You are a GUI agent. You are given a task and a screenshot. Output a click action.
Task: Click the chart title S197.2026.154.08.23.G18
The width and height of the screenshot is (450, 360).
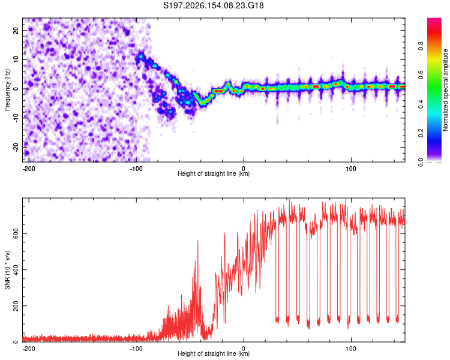[x=213, y=5]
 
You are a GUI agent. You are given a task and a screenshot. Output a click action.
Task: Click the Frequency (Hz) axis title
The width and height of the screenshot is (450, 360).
[x=7, y=89]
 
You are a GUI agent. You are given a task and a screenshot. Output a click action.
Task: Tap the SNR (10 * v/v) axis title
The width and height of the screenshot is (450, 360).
[x=7, y=270]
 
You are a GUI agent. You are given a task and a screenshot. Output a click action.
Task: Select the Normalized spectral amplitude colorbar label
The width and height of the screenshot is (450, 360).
[x=445, y=90]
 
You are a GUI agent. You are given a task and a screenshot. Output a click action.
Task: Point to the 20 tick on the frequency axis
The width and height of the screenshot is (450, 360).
[x=16, y=30]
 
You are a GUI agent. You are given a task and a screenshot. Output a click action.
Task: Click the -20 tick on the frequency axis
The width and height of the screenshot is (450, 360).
[x=16, y=147]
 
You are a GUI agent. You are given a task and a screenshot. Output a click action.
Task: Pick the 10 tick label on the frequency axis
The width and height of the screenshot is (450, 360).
[x=16, y=59]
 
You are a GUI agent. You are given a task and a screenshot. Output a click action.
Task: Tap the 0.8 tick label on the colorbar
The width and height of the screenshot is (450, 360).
[x=421, y=46]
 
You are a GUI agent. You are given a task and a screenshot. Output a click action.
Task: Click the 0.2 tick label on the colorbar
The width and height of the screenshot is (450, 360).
[x=421, y=133]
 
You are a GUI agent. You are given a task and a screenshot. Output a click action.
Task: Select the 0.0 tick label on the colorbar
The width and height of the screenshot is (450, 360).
[x=421, y=162]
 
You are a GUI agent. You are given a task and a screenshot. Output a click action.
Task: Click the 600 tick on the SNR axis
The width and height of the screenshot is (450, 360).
[x=16, y=233]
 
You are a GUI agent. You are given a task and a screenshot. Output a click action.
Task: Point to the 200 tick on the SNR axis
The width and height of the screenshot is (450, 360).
[x=16, y=306]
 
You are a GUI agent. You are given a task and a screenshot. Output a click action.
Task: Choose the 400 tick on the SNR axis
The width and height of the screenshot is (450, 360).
[x=16, y=270]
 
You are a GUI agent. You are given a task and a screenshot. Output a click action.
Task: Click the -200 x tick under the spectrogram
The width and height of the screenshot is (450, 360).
[x=28, y=169]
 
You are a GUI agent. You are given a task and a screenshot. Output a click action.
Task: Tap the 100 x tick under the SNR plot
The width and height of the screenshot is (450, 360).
[x=351, y=349]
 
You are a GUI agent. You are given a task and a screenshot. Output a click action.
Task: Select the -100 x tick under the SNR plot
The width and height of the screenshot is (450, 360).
[x=136, y=349]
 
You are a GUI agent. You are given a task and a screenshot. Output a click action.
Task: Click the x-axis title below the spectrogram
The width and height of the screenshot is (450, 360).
[x=214, y=173]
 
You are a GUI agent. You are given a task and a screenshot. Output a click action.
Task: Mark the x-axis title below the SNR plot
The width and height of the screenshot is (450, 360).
[x=214, y=353]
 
